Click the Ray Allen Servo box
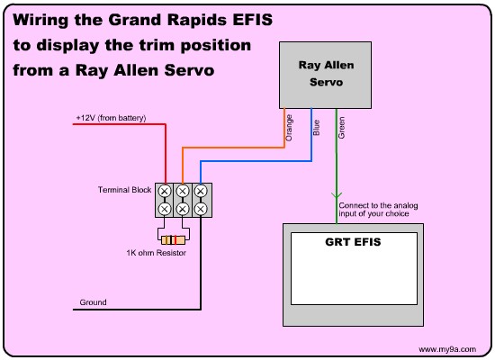325,76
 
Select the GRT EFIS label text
353,242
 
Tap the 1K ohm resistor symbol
173,240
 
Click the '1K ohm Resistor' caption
157,253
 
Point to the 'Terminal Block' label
125,190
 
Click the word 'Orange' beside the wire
289,128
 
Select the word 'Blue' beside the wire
316,128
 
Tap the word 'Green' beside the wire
341,127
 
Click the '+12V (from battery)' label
111,118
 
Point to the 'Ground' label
93,302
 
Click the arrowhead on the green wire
337,195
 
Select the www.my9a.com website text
447,349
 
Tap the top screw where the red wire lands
165,191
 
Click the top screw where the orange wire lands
183,191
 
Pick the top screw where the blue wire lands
201,191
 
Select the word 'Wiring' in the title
40,21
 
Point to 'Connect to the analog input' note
378,210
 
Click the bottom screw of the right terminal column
201,209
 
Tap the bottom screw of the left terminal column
165,209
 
